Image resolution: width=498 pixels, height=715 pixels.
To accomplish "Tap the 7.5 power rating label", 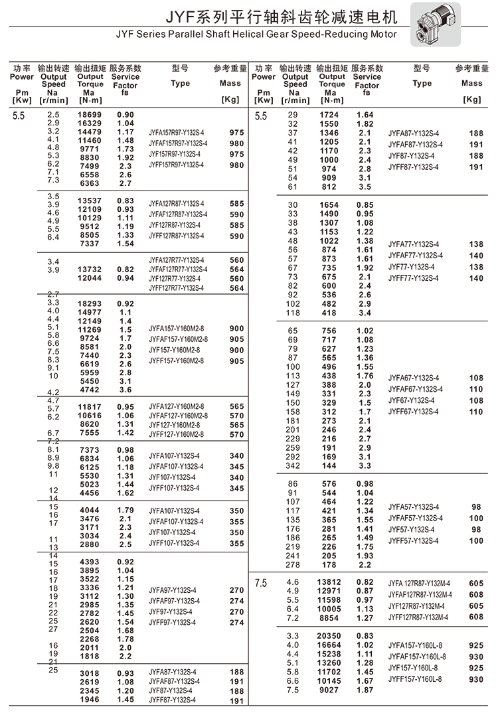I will pyautogui.click(x=261, y=583).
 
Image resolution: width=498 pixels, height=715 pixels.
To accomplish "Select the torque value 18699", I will pyautogui.click(x=90, y=114).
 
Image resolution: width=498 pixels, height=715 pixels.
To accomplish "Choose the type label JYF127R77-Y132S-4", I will pyautogui.click(x=177, y=279).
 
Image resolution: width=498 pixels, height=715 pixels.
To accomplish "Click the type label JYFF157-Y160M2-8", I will pyautogui.click(x=176, y=360).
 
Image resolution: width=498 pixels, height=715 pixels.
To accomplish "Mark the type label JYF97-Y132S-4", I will pyautogui.click(x=171, y=611).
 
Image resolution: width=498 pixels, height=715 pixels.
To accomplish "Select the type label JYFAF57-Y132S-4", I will pyautogui.click(x=416, y=518).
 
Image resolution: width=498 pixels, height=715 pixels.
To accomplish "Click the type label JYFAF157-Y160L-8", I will pyautogui.click(x=417, y=657).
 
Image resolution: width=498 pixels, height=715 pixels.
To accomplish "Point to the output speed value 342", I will pyautogui.click(x=293, y=466).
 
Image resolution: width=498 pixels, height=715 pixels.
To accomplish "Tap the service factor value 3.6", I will pyautogui.click(x=125, y=390).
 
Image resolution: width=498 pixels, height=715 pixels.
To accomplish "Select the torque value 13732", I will pyautogui.click(x=90, y=269).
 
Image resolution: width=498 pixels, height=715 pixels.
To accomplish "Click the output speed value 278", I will pyautogui.click(x=293, y=564).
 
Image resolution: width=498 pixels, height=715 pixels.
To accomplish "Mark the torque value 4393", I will pyautogui.click(x=90, y=561).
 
